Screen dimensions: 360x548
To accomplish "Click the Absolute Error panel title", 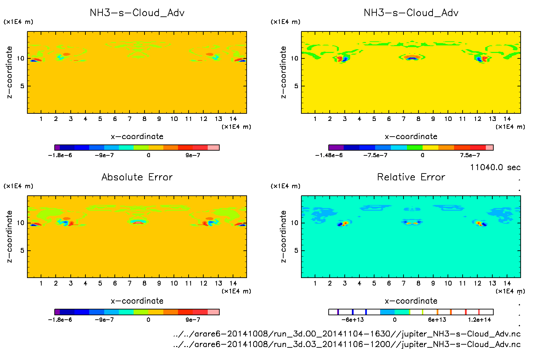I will coord(137,177).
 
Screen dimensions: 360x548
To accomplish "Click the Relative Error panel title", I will coord(411,177).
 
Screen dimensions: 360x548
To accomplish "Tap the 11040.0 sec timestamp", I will coord(495,167).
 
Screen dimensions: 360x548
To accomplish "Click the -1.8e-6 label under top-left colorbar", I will coord(60,155).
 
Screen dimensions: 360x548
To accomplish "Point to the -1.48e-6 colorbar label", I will coord(329,155).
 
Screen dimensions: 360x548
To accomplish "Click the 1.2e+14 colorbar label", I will coord(479,320).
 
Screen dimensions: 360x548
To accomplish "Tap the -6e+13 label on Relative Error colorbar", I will coord(353,320).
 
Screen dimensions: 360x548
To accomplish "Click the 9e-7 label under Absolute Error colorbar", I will coord(193,320).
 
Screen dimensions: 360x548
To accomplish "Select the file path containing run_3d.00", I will coord(347,334).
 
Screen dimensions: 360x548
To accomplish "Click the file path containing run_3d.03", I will coord(347,344).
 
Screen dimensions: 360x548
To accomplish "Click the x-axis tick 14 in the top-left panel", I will coord(233,119).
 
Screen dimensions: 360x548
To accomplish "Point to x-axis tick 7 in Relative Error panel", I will coord(403,283).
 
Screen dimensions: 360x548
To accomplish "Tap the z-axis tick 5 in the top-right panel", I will coord(296,86).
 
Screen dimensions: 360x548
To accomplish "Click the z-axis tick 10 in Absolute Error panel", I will coord(21,223).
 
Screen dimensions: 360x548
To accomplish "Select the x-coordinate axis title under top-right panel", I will coord(411,137).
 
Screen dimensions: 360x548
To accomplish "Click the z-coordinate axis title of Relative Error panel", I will coord(283,236).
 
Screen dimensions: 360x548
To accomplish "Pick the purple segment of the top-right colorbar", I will coord(336,148).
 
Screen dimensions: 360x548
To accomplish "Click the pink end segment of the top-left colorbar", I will coord(214,148).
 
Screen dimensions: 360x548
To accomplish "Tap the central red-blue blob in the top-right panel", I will coord(412,58).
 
